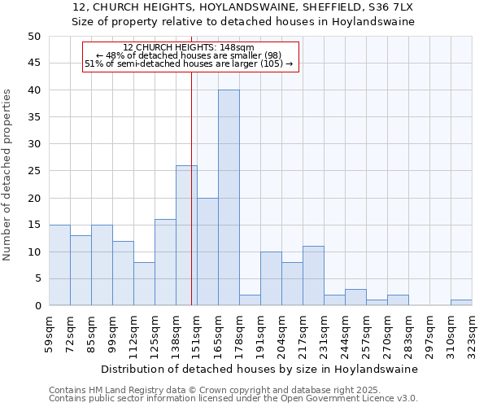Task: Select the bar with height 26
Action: [x=186, y=235]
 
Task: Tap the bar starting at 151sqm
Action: [x=207, y=252]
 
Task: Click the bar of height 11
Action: [x=313, y=276]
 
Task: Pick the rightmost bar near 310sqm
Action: [x=461, y=303]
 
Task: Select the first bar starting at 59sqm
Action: [x=59, y=265]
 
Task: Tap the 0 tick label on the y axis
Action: [x=37, y=306]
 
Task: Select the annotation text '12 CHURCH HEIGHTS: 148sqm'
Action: [x=189, y=47]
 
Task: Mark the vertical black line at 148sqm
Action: [x=191, y=203]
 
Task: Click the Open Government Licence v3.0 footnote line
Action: [x=233, y=399]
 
